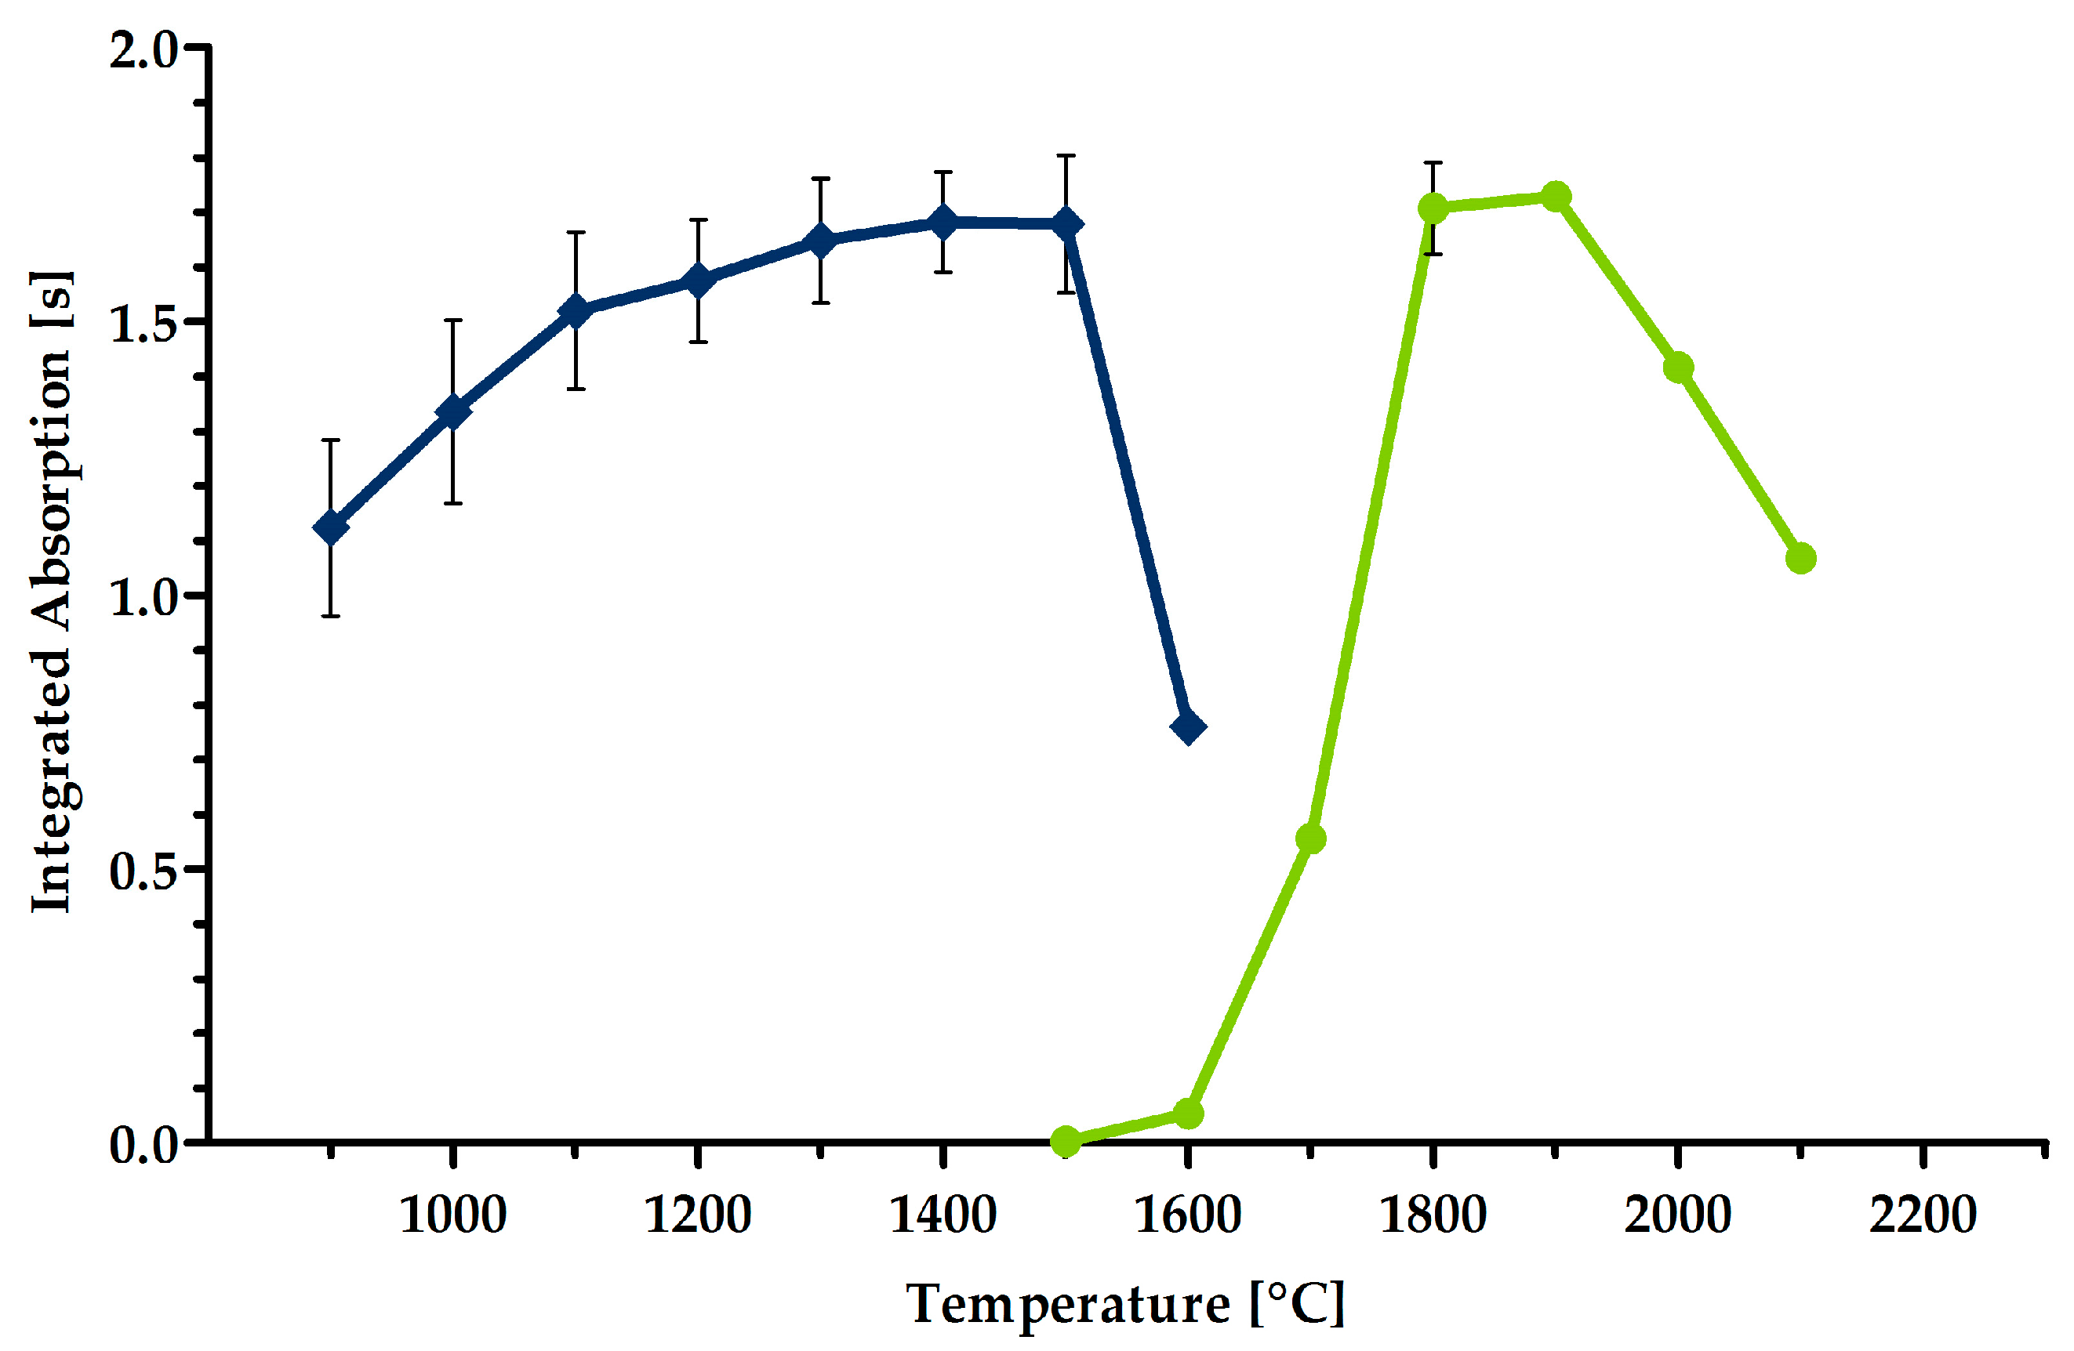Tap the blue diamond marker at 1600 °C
(1189, 726)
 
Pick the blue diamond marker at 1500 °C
(1066, 224)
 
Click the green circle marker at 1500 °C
(1066, 1140)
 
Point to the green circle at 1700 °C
(1310, 838)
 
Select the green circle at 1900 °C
(1556, 197)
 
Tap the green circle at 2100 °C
(1800, 558)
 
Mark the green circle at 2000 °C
(1678, 368)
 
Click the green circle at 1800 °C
(1433, 208)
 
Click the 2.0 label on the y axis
(143, 50)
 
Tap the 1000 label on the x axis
(452, 1215)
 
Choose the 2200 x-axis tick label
(1922, 1215)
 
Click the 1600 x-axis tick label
(1187, 1215)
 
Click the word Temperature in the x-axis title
(1067, 1306)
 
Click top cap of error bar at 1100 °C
(575, 233)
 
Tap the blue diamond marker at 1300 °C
(820, 241)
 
